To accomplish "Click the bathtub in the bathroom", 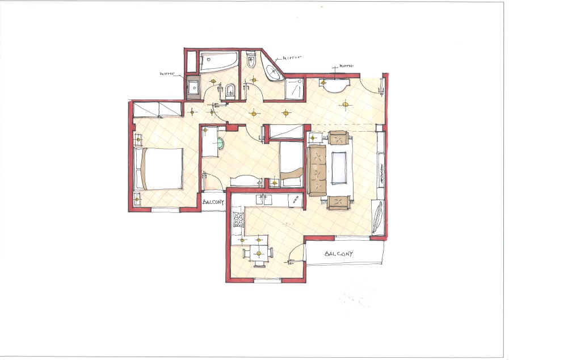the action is pyautogui.click(x=219, y=61).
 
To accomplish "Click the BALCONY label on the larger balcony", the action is pyautogui.click(x=339, y=253).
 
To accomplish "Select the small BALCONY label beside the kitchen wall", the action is pyautogui.click(x=213, y=202).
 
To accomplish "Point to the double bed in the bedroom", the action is pyautogui.click(x=158, y=168).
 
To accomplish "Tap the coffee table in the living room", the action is pyautogui.click(x=339, y=168).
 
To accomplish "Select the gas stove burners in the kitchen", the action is pyautogui.click(x=238, y=219).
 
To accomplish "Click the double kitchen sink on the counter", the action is pyautogui.click(x=264, y=200).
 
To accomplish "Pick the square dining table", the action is pyautogui.click(x=259, y=253).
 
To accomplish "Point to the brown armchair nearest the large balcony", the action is pyautogui.click(x=339, y=202).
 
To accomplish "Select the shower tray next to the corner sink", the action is pyautogui.click(x=294, y=89).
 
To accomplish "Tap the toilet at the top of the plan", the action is pyautogui.click(x=251, y=60).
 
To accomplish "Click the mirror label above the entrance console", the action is pyautogui.click(x=346, y=66).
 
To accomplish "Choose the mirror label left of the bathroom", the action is pyautogui.click(x=167, y=74).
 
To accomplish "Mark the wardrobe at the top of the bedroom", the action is pyautogui.click(x=158, y=109).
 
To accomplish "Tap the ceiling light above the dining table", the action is pyautogui.click(x=259, y=253).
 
